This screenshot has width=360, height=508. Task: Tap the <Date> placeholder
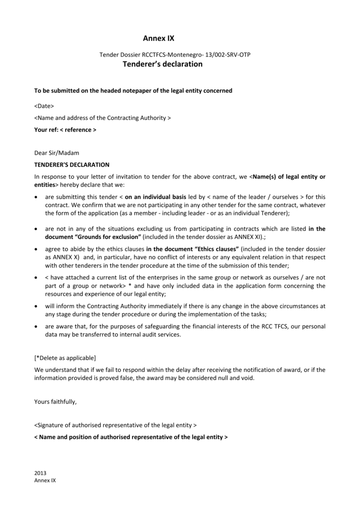coord(44,106)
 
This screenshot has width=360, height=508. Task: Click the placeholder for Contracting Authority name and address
coord(102,118)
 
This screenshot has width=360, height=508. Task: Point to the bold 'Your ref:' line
coord(65,129)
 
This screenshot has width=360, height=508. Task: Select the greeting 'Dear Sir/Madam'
coord(57,153)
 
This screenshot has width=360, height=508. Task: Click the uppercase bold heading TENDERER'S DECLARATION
coord(72,164)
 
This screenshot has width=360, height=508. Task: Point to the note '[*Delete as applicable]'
coord(65,358)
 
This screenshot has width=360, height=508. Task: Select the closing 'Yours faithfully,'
coord(56,402)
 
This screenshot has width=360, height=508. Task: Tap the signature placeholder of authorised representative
coord(115,425)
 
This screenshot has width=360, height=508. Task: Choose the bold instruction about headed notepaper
coord(133,91)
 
